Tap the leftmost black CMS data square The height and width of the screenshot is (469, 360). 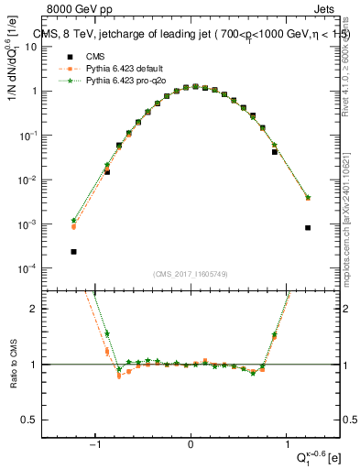(73, 251)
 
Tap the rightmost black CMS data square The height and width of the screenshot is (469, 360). (308, 227)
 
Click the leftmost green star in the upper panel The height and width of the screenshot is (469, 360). (73, 220)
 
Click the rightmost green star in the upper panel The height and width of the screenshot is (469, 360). (308, 197)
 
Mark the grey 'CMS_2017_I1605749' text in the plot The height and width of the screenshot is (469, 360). (191, 273)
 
